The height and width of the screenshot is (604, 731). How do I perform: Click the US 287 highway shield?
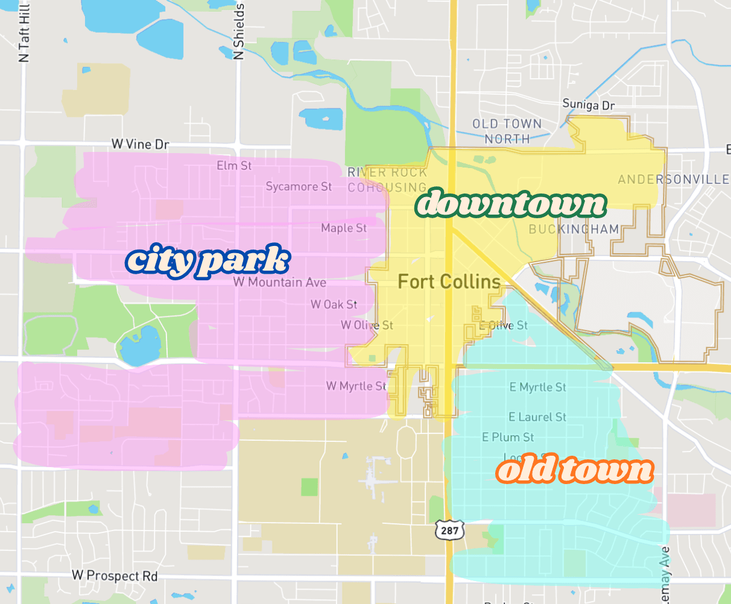click(x=449, y=530)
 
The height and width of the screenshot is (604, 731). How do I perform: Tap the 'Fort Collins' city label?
click(x=449, y=282)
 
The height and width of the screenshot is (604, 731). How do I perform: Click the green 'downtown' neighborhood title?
click(x=510, y=204)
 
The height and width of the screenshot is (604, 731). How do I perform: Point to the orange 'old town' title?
click(x=574, y=470)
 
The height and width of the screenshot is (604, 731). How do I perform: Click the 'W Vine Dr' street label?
click(x=140, y=145)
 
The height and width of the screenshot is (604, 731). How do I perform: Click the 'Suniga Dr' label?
click(x=588, y=105)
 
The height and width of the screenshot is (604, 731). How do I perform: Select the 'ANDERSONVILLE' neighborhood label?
click(x=673, y=179)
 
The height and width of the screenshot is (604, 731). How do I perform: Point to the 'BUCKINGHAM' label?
click(x=574, y=229)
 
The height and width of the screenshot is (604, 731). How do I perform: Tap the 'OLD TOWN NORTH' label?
click(x=507, y=131)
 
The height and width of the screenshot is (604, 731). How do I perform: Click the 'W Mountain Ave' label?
click(x=280, y=282)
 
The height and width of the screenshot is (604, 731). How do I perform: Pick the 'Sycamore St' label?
click(x=299, y=187)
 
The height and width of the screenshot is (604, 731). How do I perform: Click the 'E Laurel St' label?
click(x=537, y=417)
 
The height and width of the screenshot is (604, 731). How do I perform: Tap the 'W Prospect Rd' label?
click(x=115, y=576)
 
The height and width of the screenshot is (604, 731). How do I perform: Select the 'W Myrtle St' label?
click(x=356, y=386)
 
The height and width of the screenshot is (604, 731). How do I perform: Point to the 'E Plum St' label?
click(x=508, y=437)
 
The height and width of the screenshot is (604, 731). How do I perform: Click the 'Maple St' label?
click(x=344, y=228)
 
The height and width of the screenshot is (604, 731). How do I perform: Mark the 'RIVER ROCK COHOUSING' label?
click(x=387, y=180)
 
